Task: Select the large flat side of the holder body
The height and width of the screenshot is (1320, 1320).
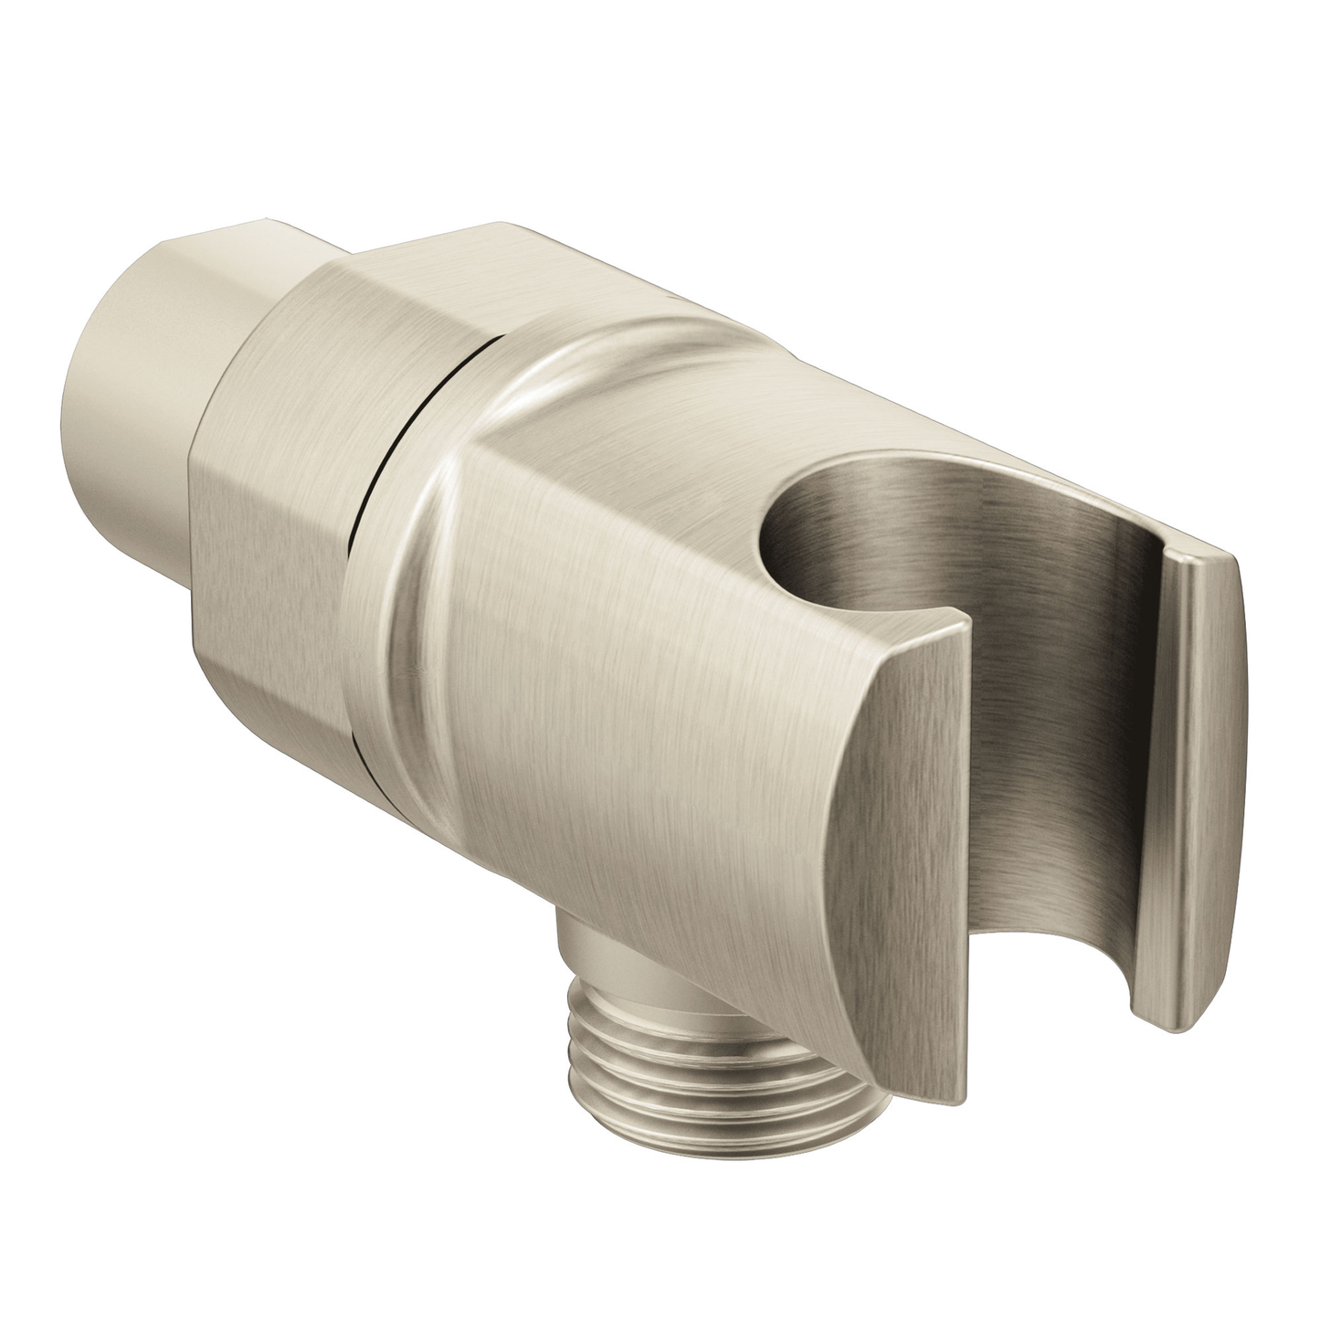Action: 639,731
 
